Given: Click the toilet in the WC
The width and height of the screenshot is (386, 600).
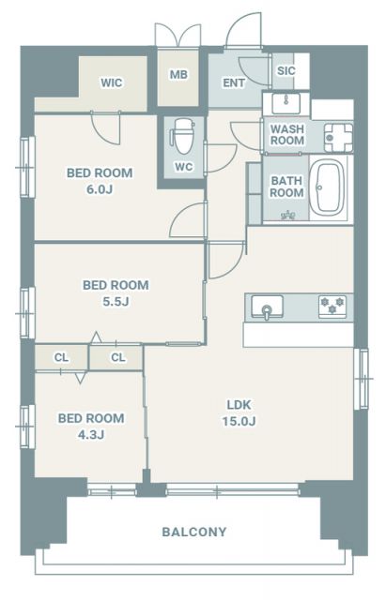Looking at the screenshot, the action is click(182, 136).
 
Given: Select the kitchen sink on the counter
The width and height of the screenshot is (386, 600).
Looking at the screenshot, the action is click(267, 307).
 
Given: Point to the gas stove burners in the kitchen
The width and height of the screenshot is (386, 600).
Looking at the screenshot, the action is click(332, 306).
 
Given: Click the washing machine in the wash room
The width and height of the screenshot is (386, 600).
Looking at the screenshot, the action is click(338, 138).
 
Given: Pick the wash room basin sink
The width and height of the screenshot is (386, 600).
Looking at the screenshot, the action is click(286, 103).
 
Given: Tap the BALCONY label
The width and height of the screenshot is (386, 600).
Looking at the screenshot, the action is click(194, 532).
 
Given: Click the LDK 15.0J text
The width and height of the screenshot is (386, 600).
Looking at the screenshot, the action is click(239, 412).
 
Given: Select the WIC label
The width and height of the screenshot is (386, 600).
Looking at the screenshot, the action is click(112, 82).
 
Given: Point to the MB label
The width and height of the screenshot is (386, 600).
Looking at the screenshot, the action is click(178, 74).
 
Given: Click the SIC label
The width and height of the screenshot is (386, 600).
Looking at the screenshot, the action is click(286, 71).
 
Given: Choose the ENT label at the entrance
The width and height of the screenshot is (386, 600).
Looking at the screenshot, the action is click(234, 82).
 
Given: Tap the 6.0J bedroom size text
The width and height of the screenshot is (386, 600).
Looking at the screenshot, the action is click(100, 189).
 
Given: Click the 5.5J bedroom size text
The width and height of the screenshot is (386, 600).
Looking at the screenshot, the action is click(116, 302).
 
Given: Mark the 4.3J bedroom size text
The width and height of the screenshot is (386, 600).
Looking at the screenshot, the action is click(91, 435).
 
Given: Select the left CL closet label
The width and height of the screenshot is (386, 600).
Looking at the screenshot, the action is click(61, 358).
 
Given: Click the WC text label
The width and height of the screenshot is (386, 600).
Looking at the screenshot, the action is click(184, 167).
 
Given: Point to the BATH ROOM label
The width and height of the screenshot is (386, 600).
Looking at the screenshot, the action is click(286, 187).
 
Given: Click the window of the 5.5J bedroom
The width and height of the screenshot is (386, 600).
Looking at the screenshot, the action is click(27, 313).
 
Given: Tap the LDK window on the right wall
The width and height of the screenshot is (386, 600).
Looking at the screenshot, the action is click(361, 379).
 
